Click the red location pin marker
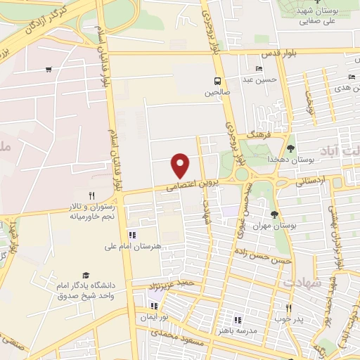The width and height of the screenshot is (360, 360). coord(181,166)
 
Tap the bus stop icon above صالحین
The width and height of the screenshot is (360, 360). coord(218,80)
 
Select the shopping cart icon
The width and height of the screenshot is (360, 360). coord(48,69)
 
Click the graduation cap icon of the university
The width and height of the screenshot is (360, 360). coord(86,275)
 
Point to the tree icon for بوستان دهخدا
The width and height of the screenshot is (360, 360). coord(290,148)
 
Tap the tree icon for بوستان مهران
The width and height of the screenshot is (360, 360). coord(274,214)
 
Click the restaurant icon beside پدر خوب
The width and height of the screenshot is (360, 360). coord(288,308)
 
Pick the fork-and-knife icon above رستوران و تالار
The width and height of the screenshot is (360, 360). coord(91,195)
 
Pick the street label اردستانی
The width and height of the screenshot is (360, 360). coord(311,181)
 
